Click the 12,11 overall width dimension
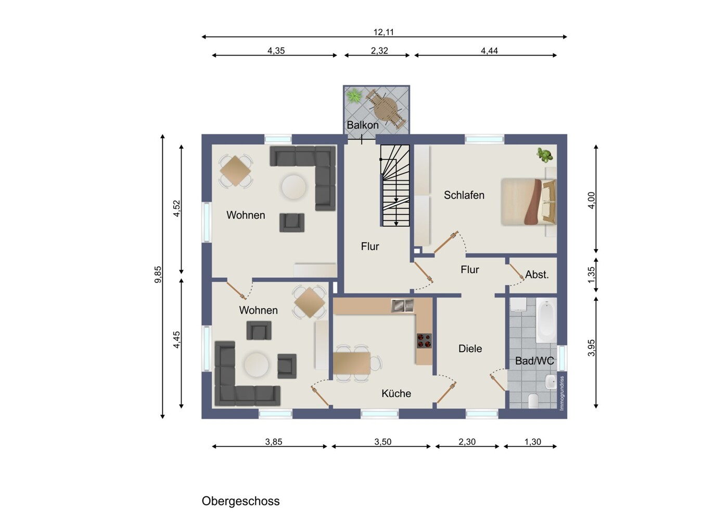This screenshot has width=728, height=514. click(x=384, y=32)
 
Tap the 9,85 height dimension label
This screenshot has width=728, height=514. click(x=158, y=275)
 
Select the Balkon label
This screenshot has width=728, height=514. click(x=363, y=125)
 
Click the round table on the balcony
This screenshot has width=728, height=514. click(x=385, y=109)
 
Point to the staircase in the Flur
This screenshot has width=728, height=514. click(x=395, y=185)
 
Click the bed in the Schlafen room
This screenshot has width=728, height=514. click(x=528, y=202)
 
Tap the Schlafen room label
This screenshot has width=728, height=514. click(x=464, y=195)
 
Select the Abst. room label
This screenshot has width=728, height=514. click(x=537, y=275)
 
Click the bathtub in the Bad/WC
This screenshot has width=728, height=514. click(x=546, y=319)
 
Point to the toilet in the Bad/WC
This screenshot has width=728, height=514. click(x=533, y=401)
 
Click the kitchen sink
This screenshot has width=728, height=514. click(x=402, y=306)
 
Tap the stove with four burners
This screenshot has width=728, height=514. click(x=424, y=340)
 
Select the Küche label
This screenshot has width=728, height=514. click(x=396, y=394)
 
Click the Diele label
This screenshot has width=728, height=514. click(x=470, y=349)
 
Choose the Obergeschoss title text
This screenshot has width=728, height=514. click(x=240, y=501)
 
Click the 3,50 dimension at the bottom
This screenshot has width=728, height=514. click(x=382, y=442)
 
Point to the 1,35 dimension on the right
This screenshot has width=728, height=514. click(x=591, y=275)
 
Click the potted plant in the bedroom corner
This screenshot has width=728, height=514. click(x=545, y=155)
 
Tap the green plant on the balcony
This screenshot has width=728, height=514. click(x=354, y=96)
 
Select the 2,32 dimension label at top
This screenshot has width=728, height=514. click(x=379, y=51)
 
